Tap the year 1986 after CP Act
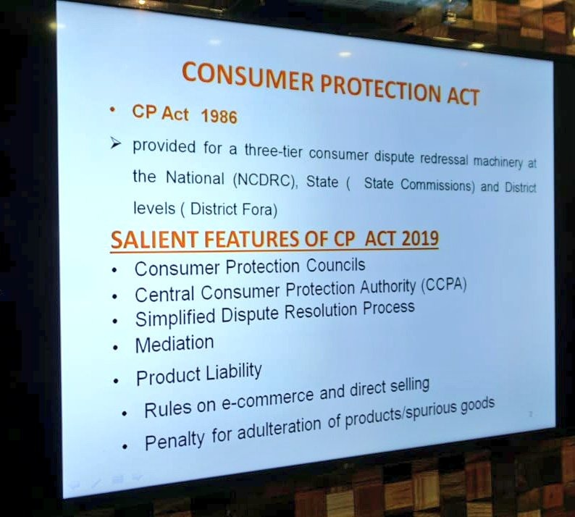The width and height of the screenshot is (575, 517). click(x=219, y=117)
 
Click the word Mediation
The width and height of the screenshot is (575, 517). click(x=174, y=343)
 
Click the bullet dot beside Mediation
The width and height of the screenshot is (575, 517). click(x=116, y=348)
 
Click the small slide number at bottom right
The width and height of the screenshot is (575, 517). click(x=530, y=414)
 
